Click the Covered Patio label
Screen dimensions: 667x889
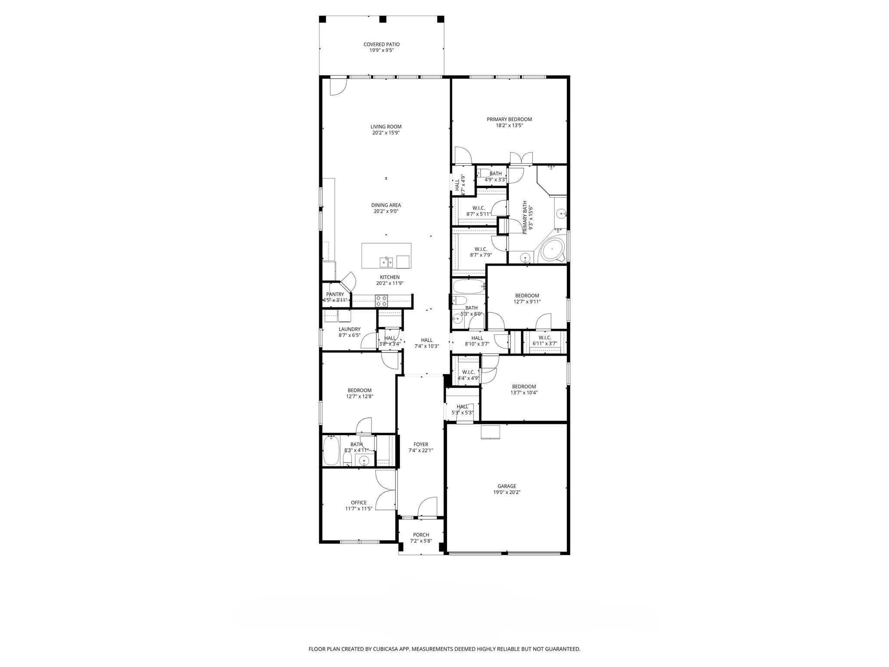381,44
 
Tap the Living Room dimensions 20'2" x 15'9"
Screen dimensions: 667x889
385,133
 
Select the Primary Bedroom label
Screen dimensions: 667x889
509,119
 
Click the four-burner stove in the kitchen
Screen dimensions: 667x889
381,301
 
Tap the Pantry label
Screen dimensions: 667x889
335,294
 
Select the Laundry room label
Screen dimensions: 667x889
349,329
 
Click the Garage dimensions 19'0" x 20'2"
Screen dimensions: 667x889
507,492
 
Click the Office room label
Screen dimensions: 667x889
359,502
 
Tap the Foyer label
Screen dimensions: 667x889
421,444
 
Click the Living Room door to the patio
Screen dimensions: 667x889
338,86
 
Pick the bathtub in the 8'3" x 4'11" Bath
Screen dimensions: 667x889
332,451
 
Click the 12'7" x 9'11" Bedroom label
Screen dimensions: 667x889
527,296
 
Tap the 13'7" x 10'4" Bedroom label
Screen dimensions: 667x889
524,386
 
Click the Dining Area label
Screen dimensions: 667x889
385,205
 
